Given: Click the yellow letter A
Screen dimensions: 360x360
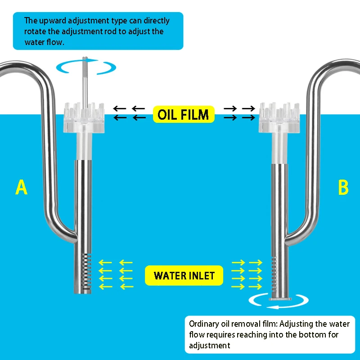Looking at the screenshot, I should (21, 187).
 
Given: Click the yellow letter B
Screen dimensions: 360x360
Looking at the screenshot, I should (343, 187).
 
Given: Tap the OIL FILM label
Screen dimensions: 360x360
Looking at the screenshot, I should (183, 115).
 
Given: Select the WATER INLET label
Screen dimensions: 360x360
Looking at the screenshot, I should (184, 275).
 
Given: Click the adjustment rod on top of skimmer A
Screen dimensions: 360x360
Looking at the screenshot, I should (84, 81).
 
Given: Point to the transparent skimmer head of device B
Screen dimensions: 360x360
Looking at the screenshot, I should (279, 119).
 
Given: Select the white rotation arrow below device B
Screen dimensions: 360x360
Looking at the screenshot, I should (279, 304).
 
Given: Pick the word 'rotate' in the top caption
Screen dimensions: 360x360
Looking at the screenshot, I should (34, 31).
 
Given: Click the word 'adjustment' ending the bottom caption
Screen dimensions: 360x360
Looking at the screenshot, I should (210, 346).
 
